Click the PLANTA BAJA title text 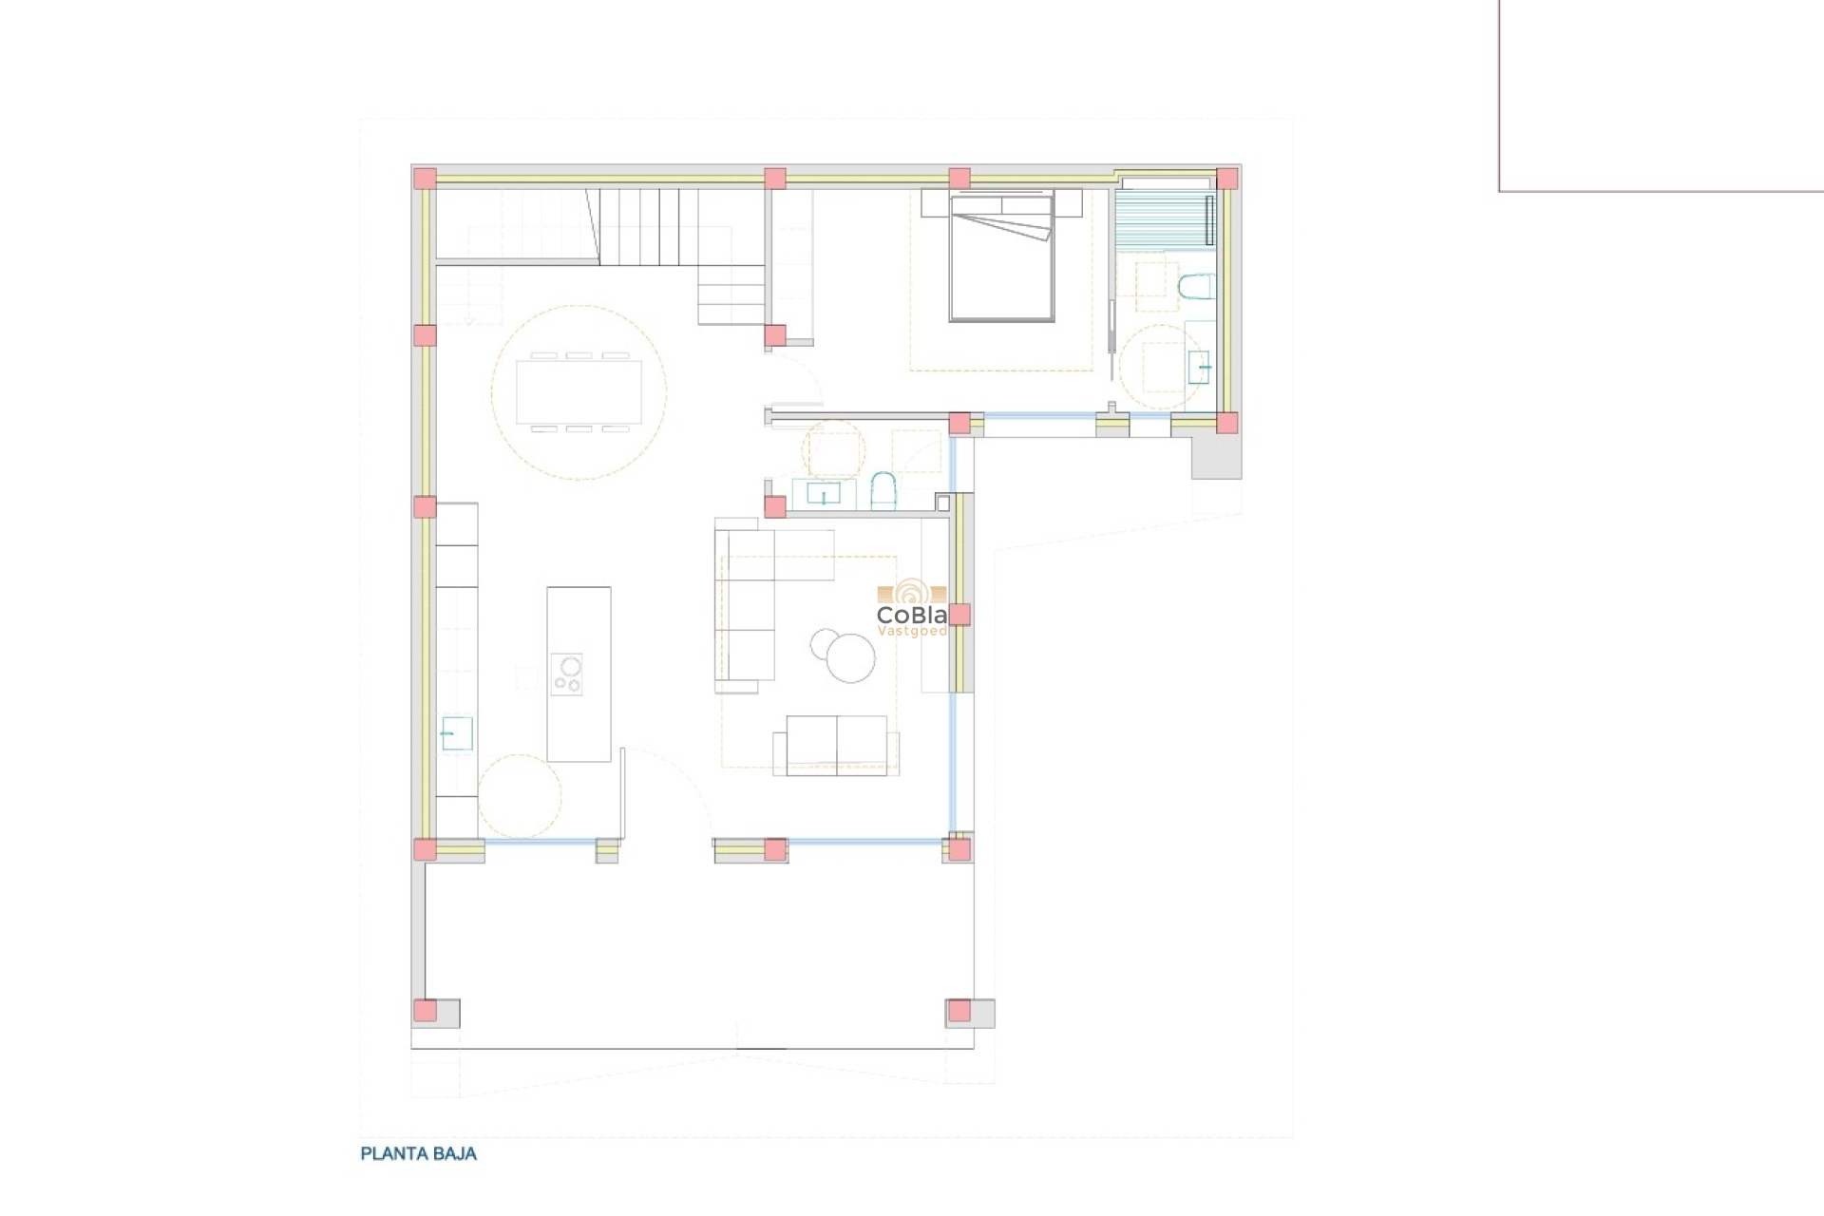[418, 1153]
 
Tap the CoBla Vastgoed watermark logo [911, 609]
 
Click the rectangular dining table [579, 391]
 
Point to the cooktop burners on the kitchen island [567, 674]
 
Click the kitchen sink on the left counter [457, 733]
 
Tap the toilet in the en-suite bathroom [1196, 287]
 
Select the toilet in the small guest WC [883, 490]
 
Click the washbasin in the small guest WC [823, 494]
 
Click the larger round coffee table [850, 657]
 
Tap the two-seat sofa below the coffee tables [836, 745]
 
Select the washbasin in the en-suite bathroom [1199, 367]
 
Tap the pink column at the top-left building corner [425, 179]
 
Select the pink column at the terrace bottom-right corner [959, 1011]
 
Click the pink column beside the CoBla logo [959, 615]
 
